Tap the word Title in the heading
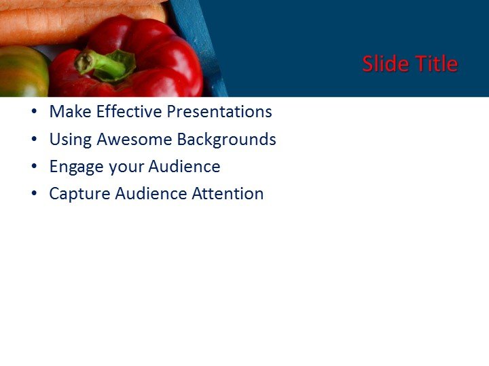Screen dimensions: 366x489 pyautogui.click(x=436, y=64)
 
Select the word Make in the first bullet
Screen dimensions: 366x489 pyautogui.click(x=67, y=112)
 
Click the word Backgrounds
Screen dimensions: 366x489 pyautogui.click(x=226, y=140)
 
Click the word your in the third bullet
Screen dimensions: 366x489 pyautogui.click(x=124, y=167)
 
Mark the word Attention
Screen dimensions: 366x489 pyautogui.click(x=228, y=194)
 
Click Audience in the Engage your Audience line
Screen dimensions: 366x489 pyautogui.click(x=184, y=167)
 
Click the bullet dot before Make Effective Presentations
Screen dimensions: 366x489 pyautogui.click(x=35, y=113)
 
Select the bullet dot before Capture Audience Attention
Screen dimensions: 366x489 pyautogui.click(x=35, y=195)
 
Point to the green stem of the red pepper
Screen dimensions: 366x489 pyautogui.click(x=102, y=64)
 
